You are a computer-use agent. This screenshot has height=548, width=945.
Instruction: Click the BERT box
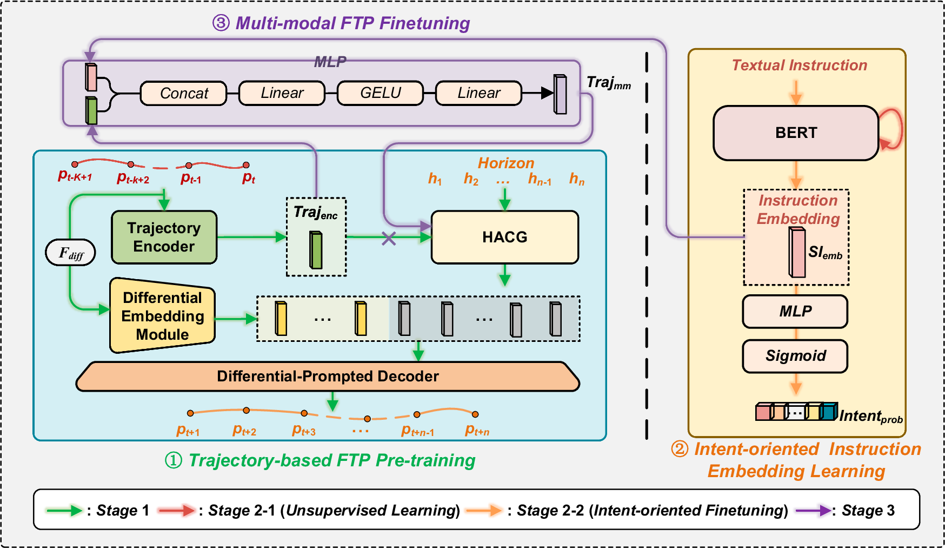[x=795, y=133]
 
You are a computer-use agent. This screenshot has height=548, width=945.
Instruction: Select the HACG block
[x=504, y=237]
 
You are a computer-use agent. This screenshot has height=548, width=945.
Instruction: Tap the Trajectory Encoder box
[x=164, y=237]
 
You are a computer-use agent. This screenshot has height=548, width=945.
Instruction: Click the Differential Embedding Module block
[x=162, y=316]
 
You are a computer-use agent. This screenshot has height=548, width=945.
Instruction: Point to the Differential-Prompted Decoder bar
[x=328, y=377]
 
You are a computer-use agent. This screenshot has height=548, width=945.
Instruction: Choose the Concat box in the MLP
[x=184, y=94]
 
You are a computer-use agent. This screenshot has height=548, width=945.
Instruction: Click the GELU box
[x=380, y=93]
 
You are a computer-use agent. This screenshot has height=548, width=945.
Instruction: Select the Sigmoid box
[x=795, y=356]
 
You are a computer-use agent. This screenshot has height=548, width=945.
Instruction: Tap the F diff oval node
[x=71, y=253]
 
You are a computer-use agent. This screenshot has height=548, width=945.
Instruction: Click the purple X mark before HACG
[x=389, y=238]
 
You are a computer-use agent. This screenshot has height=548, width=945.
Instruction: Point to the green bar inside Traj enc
[x=316, y=250]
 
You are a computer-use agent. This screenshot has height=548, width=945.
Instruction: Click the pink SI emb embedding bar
[x=797, y=253]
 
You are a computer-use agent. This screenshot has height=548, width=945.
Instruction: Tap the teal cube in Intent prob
[x=828, y=412]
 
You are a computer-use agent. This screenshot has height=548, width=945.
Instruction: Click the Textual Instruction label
[x=799, y=65]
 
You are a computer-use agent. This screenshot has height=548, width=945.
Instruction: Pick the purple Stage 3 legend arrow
[x=813, y=510]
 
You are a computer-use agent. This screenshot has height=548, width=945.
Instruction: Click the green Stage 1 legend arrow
[x=64, y=510]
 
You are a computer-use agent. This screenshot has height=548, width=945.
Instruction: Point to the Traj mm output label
[x=608, y=83]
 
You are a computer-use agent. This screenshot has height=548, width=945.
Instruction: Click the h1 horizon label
[x=435, y=179]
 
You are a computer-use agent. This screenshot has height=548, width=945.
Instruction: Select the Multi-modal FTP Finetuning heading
[x=341, y=23]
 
